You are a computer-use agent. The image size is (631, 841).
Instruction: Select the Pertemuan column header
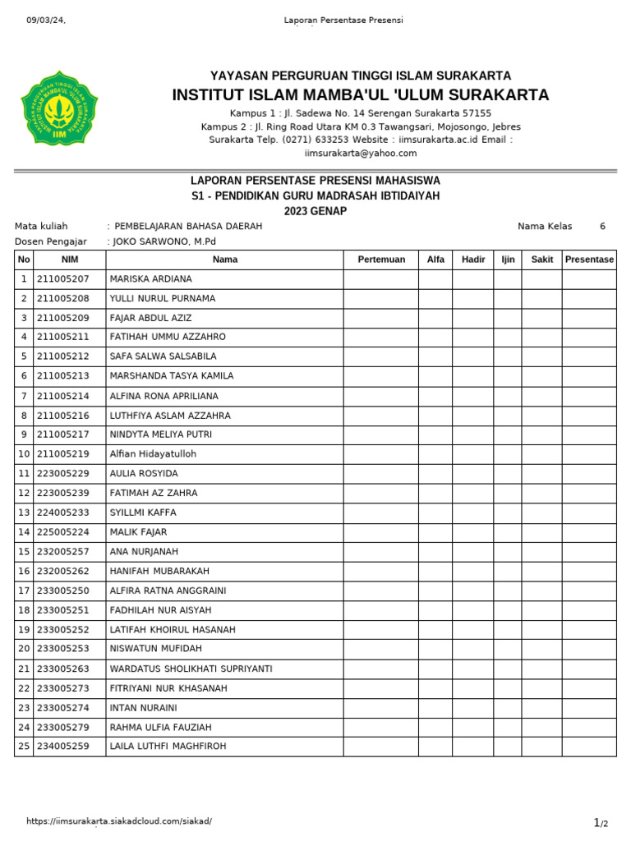[x=381, y=260]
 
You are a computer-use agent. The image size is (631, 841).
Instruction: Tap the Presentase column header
[x=589, y=260]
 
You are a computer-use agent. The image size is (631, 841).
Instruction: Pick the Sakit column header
[x=541, y=260]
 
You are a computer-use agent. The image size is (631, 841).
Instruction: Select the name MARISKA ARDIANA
[x=150, y=279]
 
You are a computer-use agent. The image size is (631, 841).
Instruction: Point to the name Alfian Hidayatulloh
[x=153, y=454]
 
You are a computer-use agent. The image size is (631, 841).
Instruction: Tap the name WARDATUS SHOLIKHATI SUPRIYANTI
[x=191, y=669]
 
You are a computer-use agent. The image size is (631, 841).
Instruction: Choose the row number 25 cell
[x=24, y=747]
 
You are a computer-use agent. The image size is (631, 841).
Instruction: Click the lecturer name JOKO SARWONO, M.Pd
[x=165, y=241]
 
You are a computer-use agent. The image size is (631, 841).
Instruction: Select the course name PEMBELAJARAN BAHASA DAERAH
[x=188, y=226]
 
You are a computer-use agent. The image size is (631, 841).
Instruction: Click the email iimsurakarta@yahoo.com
[x=361, y=153]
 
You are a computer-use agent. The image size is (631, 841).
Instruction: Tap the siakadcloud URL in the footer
[x=119, y=821]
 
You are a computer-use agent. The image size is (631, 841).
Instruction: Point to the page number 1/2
[x=601, y=822]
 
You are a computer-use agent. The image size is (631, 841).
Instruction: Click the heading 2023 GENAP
[x=315, y=211]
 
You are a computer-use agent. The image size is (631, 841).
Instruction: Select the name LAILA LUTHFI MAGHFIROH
[x=168, y=747]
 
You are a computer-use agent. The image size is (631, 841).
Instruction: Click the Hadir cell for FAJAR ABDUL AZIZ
[x=472, y=318]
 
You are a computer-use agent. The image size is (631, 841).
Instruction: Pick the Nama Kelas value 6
[x=602, y=226]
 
